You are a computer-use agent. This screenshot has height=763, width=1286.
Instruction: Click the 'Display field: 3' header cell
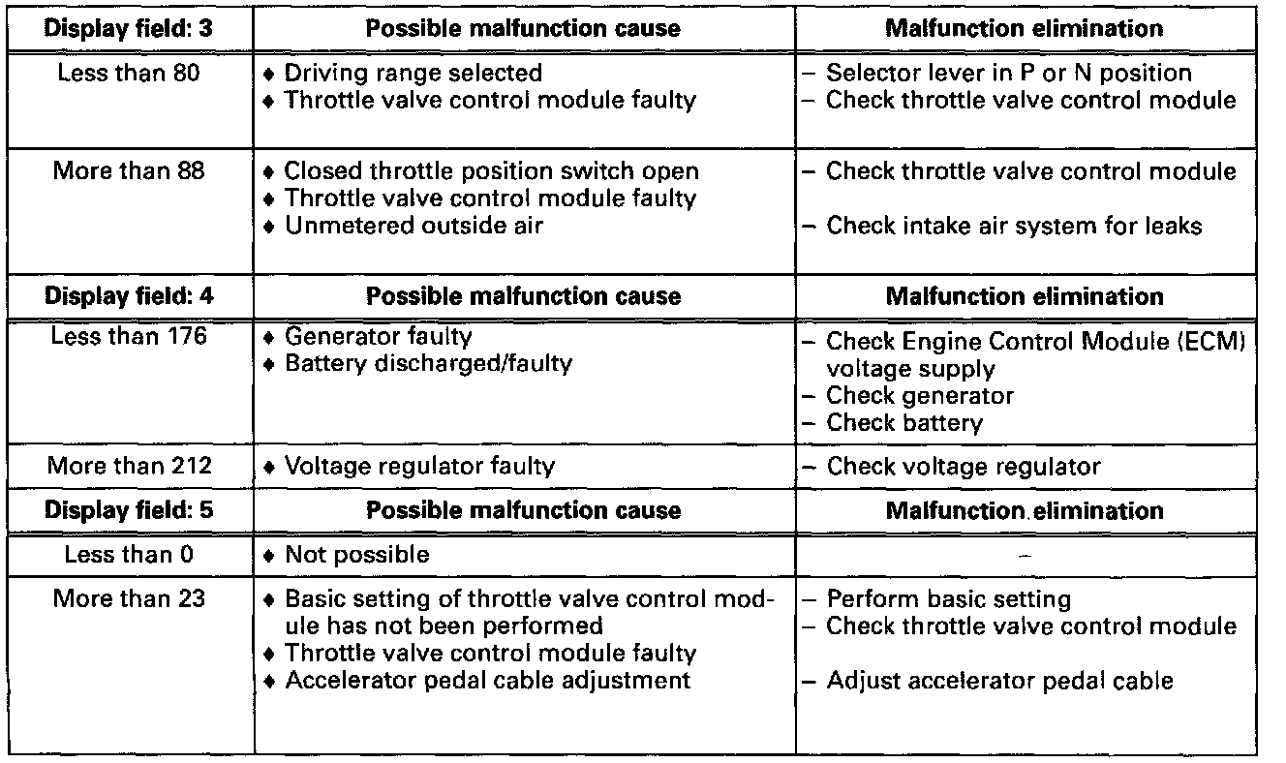pyautogui.click(x=129, y=28)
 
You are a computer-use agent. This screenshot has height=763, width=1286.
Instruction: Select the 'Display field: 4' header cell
pyautogui.click(x=129, y=295)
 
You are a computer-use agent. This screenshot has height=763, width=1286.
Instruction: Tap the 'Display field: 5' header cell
pyautogui.click(x=129, y=509)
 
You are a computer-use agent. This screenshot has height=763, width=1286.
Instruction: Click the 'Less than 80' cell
pyautogui.click(x=129, y=73)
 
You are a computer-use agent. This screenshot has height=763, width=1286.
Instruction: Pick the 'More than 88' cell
pyautogui.click(x=129, y=171)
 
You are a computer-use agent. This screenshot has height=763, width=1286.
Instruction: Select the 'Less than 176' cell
pyautogui.click(x=129, y=337)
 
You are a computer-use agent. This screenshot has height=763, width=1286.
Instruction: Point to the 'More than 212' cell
pyautogui.click(x=129, y=466)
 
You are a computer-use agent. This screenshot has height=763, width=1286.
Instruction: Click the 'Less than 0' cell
pyautogui.click(x=129, y=555)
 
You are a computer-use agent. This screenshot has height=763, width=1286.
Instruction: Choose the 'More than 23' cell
pyautogui.click(x=129, y=598)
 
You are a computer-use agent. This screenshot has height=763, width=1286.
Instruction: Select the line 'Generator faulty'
pyautogui.click(x=378, y=337)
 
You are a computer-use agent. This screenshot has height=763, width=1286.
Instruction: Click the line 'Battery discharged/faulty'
pyautogui.click(x=427, y=364)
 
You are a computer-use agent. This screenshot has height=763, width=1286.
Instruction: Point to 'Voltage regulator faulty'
pyautogui.click(x=418, y=466)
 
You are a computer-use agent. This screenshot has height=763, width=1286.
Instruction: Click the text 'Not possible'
pyautogui.click(x=356, y=555)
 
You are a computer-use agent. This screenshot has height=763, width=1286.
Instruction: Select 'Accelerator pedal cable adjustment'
pyautogui.click(x=487, y=680)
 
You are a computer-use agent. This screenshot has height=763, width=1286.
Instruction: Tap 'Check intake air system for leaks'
pyautogui.click(x=1013, y=226)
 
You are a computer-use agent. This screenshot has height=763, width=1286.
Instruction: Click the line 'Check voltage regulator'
pyautogui.click(x=963, y=466)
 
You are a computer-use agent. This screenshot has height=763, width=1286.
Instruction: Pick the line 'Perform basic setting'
pyautogui.click(x=948, y=598)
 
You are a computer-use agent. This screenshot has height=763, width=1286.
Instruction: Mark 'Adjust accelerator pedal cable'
pyautogui.click(x=999, y=681)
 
